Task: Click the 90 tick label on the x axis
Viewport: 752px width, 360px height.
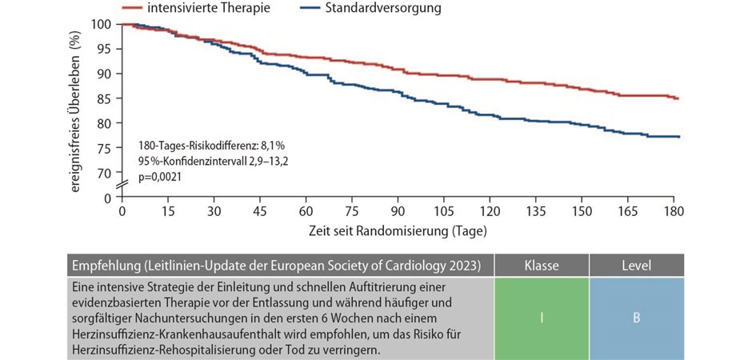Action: (x=398, y=212)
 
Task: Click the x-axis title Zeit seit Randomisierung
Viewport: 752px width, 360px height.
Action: (x=398, y=230)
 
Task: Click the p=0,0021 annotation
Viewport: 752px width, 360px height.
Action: (x=160, y=177)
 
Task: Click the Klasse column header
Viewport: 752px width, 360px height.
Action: (x=541, y=265)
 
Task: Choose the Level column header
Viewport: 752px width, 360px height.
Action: (x=636, y=265)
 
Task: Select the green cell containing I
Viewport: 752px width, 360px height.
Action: (x=541, y=318)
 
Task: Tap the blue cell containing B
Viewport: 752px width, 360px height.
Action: (x=636, y=318)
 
